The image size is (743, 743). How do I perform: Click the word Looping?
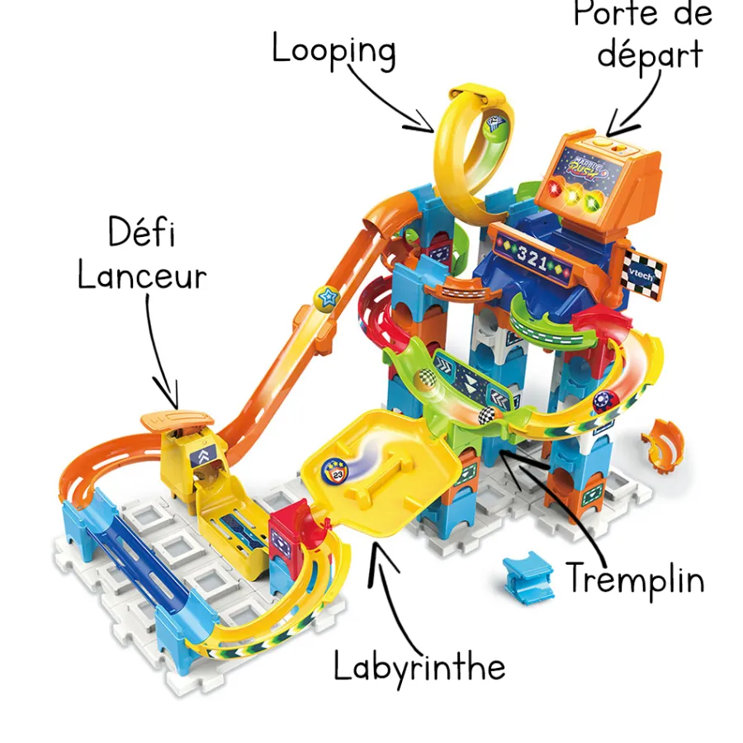tap(334, 51)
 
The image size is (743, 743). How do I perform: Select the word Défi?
tap(141, 234)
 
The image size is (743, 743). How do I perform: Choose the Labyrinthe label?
tap(419, 665)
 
